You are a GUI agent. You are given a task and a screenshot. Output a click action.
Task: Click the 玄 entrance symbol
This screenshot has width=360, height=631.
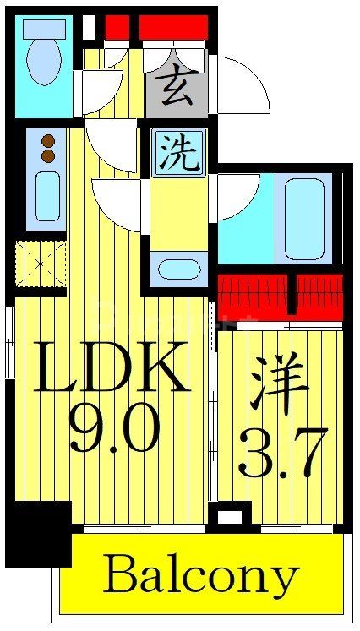pyautogui.click(x=177, y=90)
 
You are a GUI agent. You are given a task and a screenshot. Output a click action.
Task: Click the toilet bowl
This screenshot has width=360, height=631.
pyautogui.click(x=43, y=62)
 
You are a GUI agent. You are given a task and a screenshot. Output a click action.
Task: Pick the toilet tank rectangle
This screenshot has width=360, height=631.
pyautogui.click(x=44, y=29)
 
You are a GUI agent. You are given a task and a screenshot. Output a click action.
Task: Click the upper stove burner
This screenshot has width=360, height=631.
pyautogui.click(x=48, y=141)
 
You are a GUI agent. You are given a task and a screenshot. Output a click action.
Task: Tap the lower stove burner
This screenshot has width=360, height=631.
pyautogui.click(x=48, y=156)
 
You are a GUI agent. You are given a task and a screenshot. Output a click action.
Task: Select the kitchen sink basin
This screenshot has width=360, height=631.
pyautogui.click(x=48, y=196)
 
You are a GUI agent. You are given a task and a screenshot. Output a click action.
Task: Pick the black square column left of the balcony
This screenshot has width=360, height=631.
pyautogui.click(x=39, y=531)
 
